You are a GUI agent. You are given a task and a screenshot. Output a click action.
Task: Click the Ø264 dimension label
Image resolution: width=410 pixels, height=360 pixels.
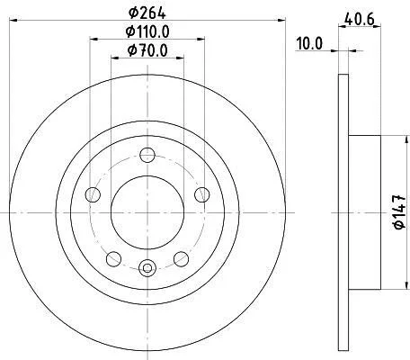[x=147, y=13]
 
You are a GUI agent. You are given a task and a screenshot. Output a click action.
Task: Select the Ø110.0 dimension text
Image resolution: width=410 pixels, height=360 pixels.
[x=147, y=31]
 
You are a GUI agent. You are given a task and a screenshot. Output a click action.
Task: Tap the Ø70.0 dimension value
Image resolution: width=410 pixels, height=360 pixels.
[x=147, y=50]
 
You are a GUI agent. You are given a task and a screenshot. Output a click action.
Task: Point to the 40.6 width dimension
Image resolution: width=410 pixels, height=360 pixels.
[x=360, y=20]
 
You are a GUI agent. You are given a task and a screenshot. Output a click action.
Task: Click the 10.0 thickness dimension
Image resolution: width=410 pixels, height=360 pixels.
[x=309, y=43]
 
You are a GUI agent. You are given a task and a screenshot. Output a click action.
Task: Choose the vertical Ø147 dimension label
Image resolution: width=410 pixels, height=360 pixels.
[x=400, y=212]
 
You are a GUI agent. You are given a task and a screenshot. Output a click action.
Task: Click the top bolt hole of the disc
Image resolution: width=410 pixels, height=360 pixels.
[x=147, y=156]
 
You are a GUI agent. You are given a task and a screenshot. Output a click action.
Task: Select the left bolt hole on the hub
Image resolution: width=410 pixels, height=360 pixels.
[x=93, y=194]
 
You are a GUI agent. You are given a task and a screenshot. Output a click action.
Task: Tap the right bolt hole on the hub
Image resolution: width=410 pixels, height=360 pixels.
[x=202, y=194]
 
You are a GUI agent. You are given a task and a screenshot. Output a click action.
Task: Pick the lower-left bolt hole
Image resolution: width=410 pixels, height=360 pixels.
[x=114, y=259]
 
